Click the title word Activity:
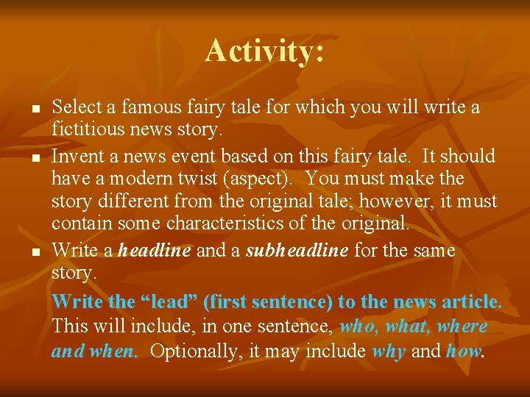[265, 51]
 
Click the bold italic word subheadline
[297, 251]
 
